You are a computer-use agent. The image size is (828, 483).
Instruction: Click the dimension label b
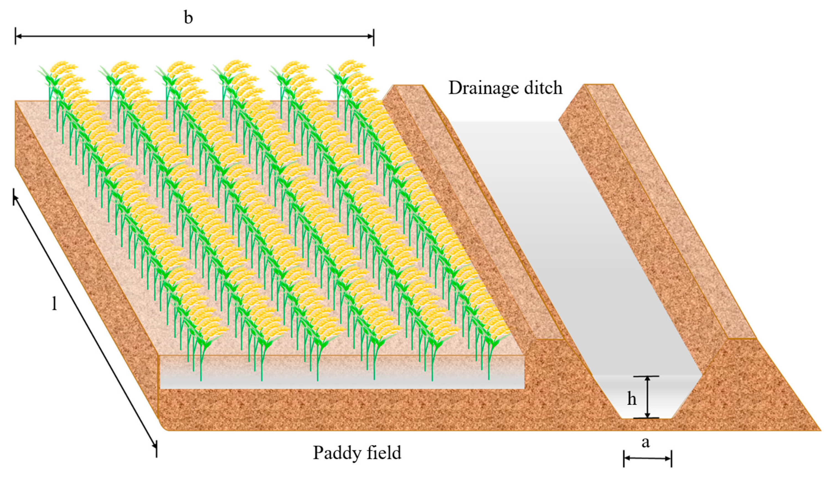pyautogui.click(x=188, y=18)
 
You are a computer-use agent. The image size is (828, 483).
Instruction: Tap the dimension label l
pyautogui.click(x=54, y=304)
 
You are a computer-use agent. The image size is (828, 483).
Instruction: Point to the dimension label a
pyautogui.click(x=646, y=442)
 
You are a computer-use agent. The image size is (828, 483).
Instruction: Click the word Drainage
pyautogui.click(x=483, y=88)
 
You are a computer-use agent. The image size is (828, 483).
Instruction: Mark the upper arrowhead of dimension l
pyautogui.click(x=15, y=197)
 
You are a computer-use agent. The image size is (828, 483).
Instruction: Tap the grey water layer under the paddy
pyautogui.click(x=342, y=381)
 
